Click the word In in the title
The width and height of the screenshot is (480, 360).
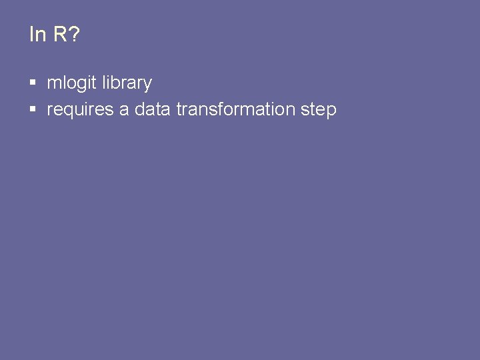(x=37, y=35)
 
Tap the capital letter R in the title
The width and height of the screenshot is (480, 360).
(x=60, y=35)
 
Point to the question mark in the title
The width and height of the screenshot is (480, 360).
(x=73, y=35)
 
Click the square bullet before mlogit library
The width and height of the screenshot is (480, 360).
(x=33, y=83)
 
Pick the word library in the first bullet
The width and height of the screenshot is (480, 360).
(x=127, y=83)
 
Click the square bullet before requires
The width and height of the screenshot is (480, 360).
(x=33, y=110)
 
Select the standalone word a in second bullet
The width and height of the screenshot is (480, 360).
(x=124, y=110)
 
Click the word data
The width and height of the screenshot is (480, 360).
(x=153, y=109)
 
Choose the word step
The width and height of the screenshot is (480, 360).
(x=319, y=110)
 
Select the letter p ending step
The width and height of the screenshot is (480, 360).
(x=331, y=111)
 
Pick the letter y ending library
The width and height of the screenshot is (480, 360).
(x=147, y=85)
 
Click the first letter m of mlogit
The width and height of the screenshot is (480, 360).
(x=53, y=84)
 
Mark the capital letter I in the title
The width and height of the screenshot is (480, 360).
(x=31, y=35)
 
